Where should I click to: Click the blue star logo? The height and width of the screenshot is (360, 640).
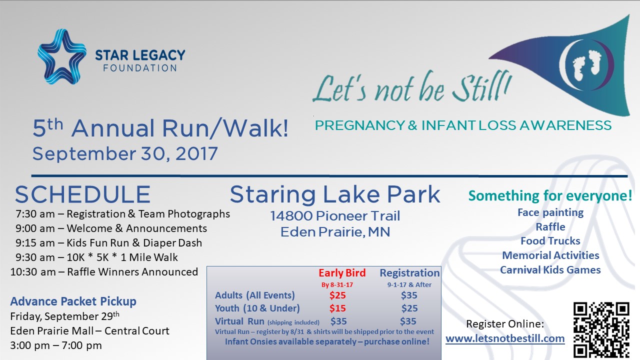click(61, 56)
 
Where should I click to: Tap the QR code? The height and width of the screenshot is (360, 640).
click(601, 330)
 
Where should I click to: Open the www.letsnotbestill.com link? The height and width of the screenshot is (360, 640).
click(505, 338)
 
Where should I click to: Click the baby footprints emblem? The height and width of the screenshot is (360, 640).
click(586, 65)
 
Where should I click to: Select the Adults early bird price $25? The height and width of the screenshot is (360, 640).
click(337, 295)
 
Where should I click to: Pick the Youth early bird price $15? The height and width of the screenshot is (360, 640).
click(337, 308)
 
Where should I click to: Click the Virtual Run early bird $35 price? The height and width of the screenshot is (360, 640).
click(338, 321)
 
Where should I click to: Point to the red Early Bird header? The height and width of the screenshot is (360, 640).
click(342, 273)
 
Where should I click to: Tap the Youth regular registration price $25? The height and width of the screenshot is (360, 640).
click(409, 308)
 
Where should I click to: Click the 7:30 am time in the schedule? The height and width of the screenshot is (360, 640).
click(35, 214)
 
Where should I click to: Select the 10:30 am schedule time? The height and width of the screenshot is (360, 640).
click(33, 272)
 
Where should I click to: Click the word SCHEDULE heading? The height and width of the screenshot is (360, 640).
click(82, 194)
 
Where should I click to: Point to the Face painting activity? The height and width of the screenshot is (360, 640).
click(550, 212)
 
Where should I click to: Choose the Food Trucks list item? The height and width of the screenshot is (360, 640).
click(550, 241)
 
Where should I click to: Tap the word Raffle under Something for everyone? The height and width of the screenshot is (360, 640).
click(550, 227)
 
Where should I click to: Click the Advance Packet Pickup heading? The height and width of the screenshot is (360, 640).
click(73, 301)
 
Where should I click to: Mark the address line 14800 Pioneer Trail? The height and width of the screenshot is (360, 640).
click(335, 216)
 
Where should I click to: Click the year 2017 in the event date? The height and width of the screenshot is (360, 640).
click(196, 153)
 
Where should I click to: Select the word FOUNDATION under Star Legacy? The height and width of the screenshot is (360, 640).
click(140, 68)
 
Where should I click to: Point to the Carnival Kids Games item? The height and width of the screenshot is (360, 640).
click(550, 270)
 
